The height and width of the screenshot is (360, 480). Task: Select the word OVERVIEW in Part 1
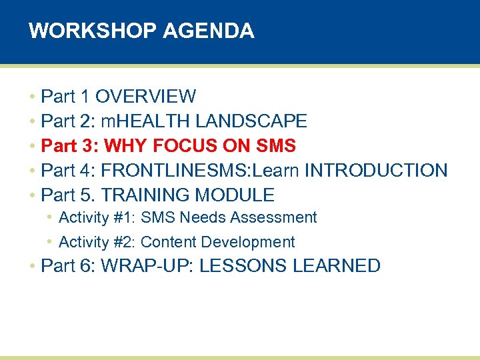(145, 97)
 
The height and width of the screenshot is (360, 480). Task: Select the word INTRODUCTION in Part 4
(376, 170)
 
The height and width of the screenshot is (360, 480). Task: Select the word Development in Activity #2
(255, 242)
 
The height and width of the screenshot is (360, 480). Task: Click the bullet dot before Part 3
(32, 146)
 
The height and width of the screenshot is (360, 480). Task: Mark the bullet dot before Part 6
(32, 267)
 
